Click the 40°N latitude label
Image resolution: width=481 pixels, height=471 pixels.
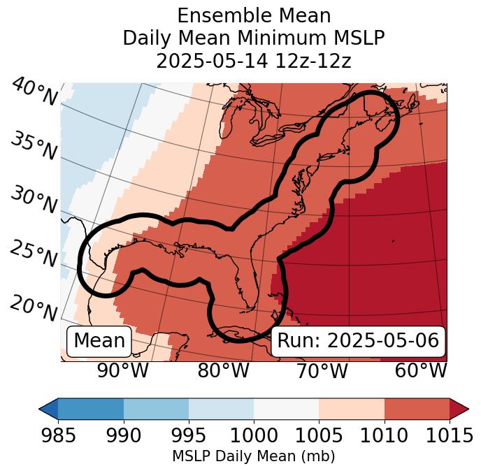coord(34,92)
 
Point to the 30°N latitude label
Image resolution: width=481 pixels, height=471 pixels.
coord(33,201)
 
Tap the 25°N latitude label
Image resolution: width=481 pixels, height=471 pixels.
coord(33,254)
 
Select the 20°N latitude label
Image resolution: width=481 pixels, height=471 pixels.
coord(33,307)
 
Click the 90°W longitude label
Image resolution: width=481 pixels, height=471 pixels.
coord(123,371)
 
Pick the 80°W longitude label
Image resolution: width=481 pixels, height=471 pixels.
coord(224,371)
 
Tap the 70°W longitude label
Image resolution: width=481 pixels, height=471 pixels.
coord(322,371)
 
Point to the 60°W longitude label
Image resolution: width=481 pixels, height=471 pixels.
coord(420,371)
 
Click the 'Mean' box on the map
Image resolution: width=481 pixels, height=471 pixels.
coord(99,341)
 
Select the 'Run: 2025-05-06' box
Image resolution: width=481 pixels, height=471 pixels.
coord(358,341)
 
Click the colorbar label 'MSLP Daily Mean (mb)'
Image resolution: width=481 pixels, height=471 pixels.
coord(254,457)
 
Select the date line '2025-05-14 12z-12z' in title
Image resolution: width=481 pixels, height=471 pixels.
coord(254,61)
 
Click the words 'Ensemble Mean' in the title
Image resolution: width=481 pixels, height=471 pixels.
coord(254,15)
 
